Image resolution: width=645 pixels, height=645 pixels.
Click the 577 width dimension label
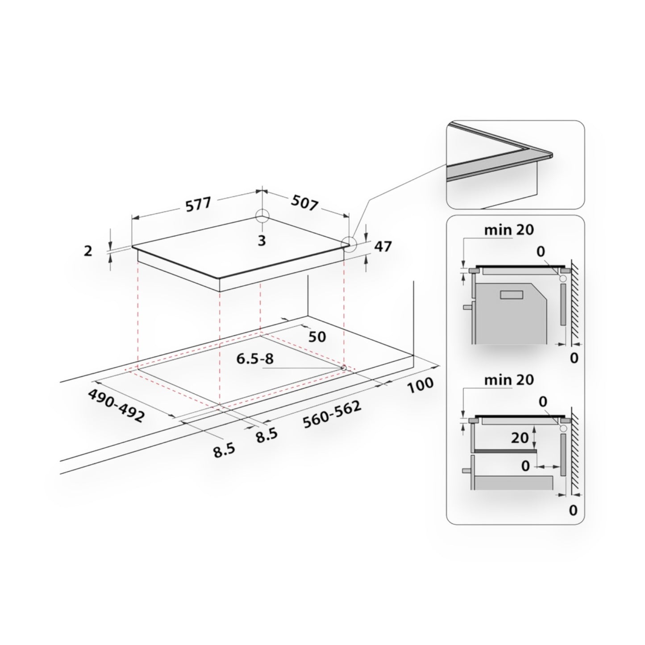click(199, 204)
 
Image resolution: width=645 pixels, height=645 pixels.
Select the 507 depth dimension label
click(304, 203)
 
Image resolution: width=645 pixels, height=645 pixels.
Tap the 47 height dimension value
click(383, 246)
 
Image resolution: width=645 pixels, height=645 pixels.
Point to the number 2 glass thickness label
click(87, 251)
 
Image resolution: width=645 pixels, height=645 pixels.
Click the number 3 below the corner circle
click(262, 241)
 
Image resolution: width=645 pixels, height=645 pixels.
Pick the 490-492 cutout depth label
click(116, 406)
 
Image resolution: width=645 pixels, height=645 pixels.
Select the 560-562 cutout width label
click(333, 414)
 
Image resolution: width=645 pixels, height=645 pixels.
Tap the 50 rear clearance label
click(317, 337)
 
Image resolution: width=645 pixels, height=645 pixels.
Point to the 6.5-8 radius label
click(255, 359)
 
